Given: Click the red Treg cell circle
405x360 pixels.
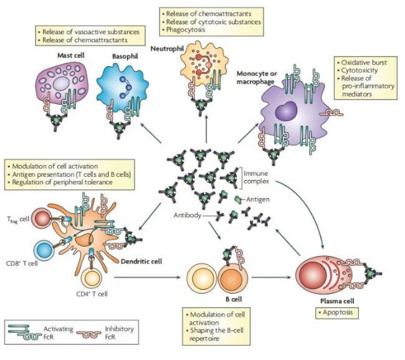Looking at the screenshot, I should pos(42,219).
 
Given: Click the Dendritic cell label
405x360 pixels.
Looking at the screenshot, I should pos(143,262).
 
